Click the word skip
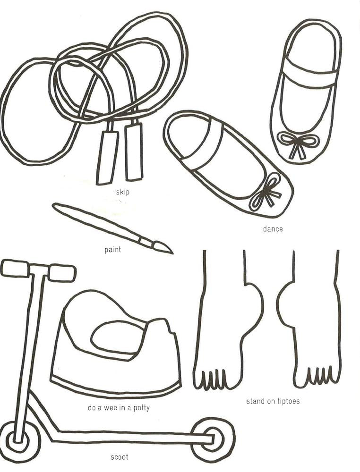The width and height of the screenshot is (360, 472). click(x=122, y=192)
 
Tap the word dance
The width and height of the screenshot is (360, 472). click(x=273, y=229)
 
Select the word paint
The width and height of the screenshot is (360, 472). click(x=112, y=249)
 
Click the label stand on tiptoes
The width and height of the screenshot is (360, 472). click(x=273, y=402)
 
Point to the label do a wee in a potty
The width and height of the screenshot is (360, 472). click(x=119, y=407)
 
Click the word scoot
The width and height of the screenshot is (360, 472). click(x=119, y=457)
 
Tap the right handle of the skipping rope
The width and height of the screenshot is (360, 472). click(x=133, y=152)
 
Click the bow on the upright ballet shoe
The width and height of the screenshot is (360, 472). click(x=294, y=143)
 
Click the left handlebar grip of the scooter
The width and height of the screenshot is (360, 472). click(x=15, y=268)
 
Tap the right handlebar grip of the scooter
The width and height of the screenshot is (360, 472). click(x=62, y=272)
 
